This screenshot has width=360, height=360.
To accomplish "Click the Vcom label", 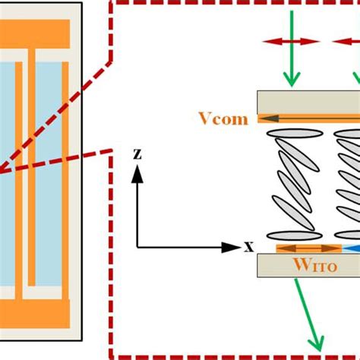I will tap(223, 119).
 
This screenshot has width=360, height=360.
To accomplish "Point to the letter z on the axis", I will tap(137, 153).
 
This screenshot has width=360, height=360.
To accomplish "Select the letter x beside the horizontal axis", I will tap(248, 247).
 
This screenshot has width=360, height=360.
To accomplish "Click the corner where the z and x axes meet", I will tap(137, 247).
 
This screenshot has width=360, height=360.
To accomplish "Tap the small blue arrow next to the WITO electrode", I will tap(349, 248).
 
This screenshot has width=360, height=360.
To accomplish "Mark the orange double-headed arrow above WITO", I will tap(308, 248).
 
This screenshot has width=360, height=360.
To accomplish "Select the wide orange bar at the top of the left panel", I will tap(35, 32).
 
